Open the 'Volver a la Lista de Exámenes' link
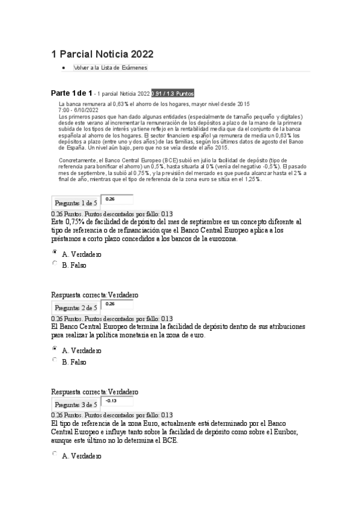110,68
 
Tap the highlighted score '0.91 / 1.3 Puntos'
172,94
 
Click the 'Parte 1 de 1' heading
72,93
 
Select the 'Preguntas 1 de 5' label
76,203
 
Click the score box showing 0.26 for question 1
117,200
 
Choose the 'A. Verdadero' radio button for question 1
55,253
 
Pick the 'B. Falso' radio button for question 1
55,263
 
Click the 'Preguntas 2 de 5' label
76,309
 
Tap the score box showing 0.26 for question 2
117,306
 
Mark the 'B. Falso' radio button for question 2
55,361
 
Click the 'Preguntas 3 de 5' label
76,405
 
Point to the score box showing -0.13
117,402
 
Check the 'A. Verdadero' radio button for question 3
55,455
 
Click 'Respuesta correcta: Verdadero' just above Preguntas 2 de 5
95,295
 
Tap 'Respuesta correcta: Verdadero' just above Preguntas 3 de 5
95,392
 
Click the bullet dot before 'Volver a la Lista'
64,68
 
